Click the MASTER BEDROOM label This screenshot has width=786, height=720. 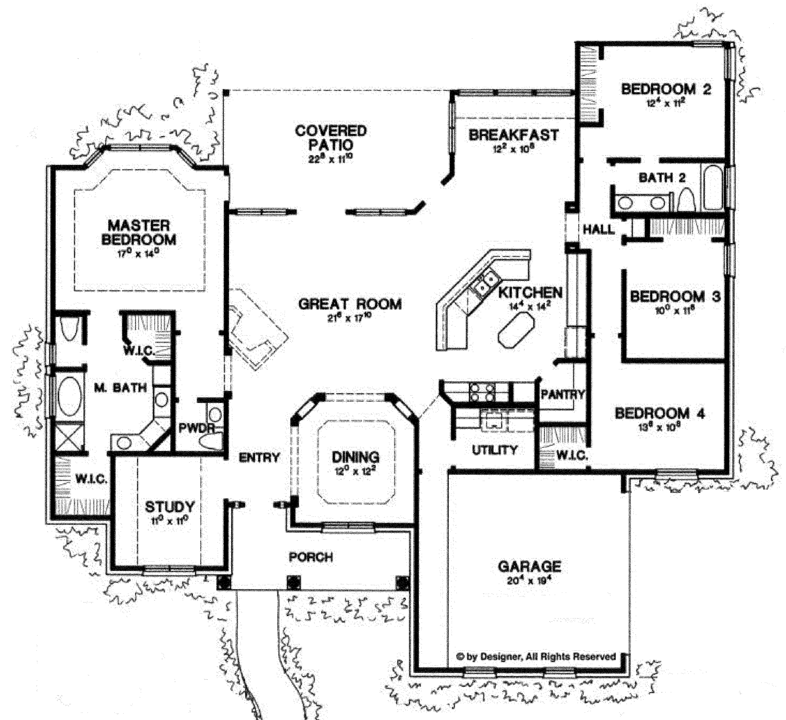(x=138, y=233)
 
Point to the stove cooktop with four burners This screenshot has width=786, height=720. (x=482, y=392)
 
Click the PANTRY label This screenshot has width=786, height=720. (x=562, y=395)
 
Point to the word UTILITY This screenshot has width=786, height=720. (x=494, y=450)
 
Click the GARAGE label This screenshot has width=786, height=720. (x=529, y=566)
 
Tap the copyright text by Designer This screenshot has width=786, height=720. (x=536, y=657)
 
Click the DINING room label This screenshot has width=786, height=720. (x=355, y=457)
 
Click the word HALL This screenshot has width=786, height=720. (x=598, y=229)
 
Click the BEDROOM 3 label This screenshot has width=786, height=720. (x=675, y=297)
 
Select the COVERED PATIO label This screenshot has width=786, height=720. (x=331, y=137)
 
